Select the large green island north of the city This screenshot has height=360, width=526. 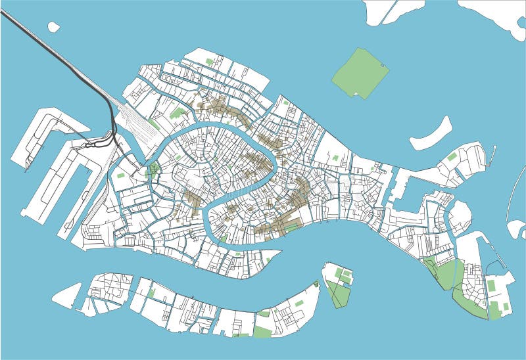tap(360, 72)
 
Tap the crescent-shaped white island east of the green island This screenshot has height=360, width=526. tap(431, 133)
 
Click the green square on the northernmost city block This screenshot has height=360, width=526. tap(210, 62)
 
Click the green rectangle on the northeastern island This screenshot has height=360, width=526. tap(452, 157)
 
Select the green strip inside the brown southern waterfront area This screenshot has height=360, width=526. tap(291, 227)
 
